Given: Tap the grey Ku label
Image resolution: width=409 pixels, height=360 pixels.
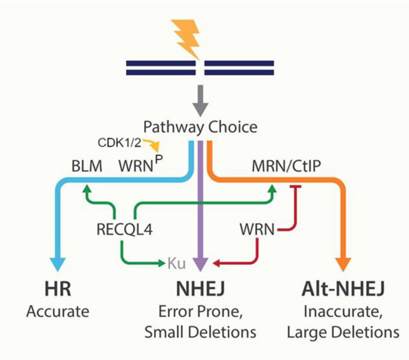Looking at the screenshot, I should tap(176, 264).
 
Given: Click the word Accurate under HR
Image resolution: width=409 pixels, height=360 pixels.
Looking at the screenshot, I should tap(58, 312).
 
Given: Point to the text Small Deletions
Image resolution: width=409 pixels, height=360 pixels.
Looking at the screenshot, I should tap(200, 333).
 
